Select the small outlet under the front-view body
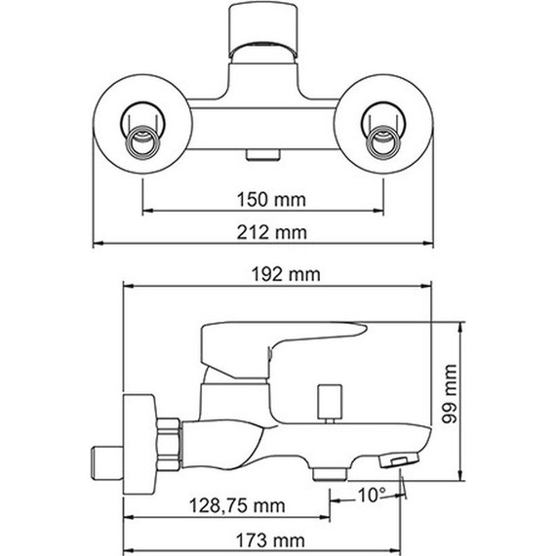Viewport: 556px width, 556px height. (263, 153)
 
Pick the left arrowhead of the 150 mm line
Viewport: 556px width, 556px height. (147, 212)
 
